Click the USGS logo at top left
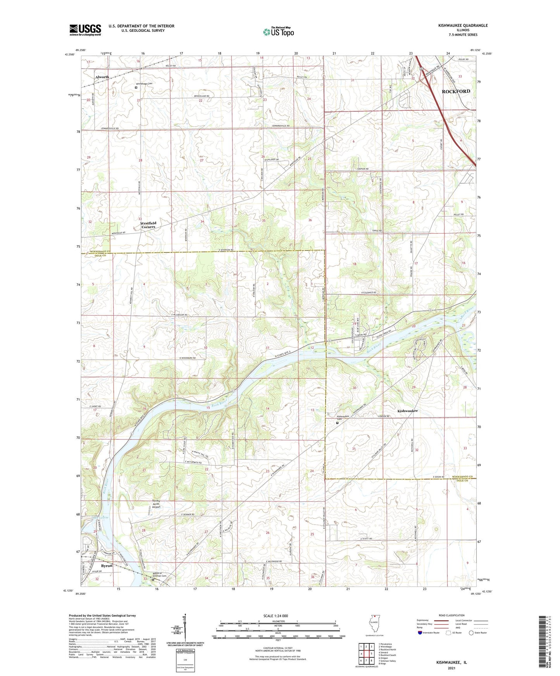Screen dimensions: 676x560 [85, 30]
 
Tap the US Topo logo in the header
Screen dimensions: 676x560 [278, 32]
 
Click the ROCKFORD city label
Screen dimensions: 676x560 [456, 91]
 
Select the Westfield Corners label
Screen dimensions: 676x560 [148, 225]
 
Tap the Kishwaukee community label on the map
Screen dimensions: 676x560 [407, 411]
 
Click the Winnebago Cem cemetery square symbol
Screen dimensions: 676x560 [136, 88]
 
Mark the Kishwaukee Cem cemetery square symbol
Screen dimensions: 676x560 [337, 423]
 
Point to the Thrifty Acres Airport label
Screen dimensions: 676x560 [156, 504]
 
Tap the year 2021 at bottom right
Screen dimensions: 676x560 [451, 668]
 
